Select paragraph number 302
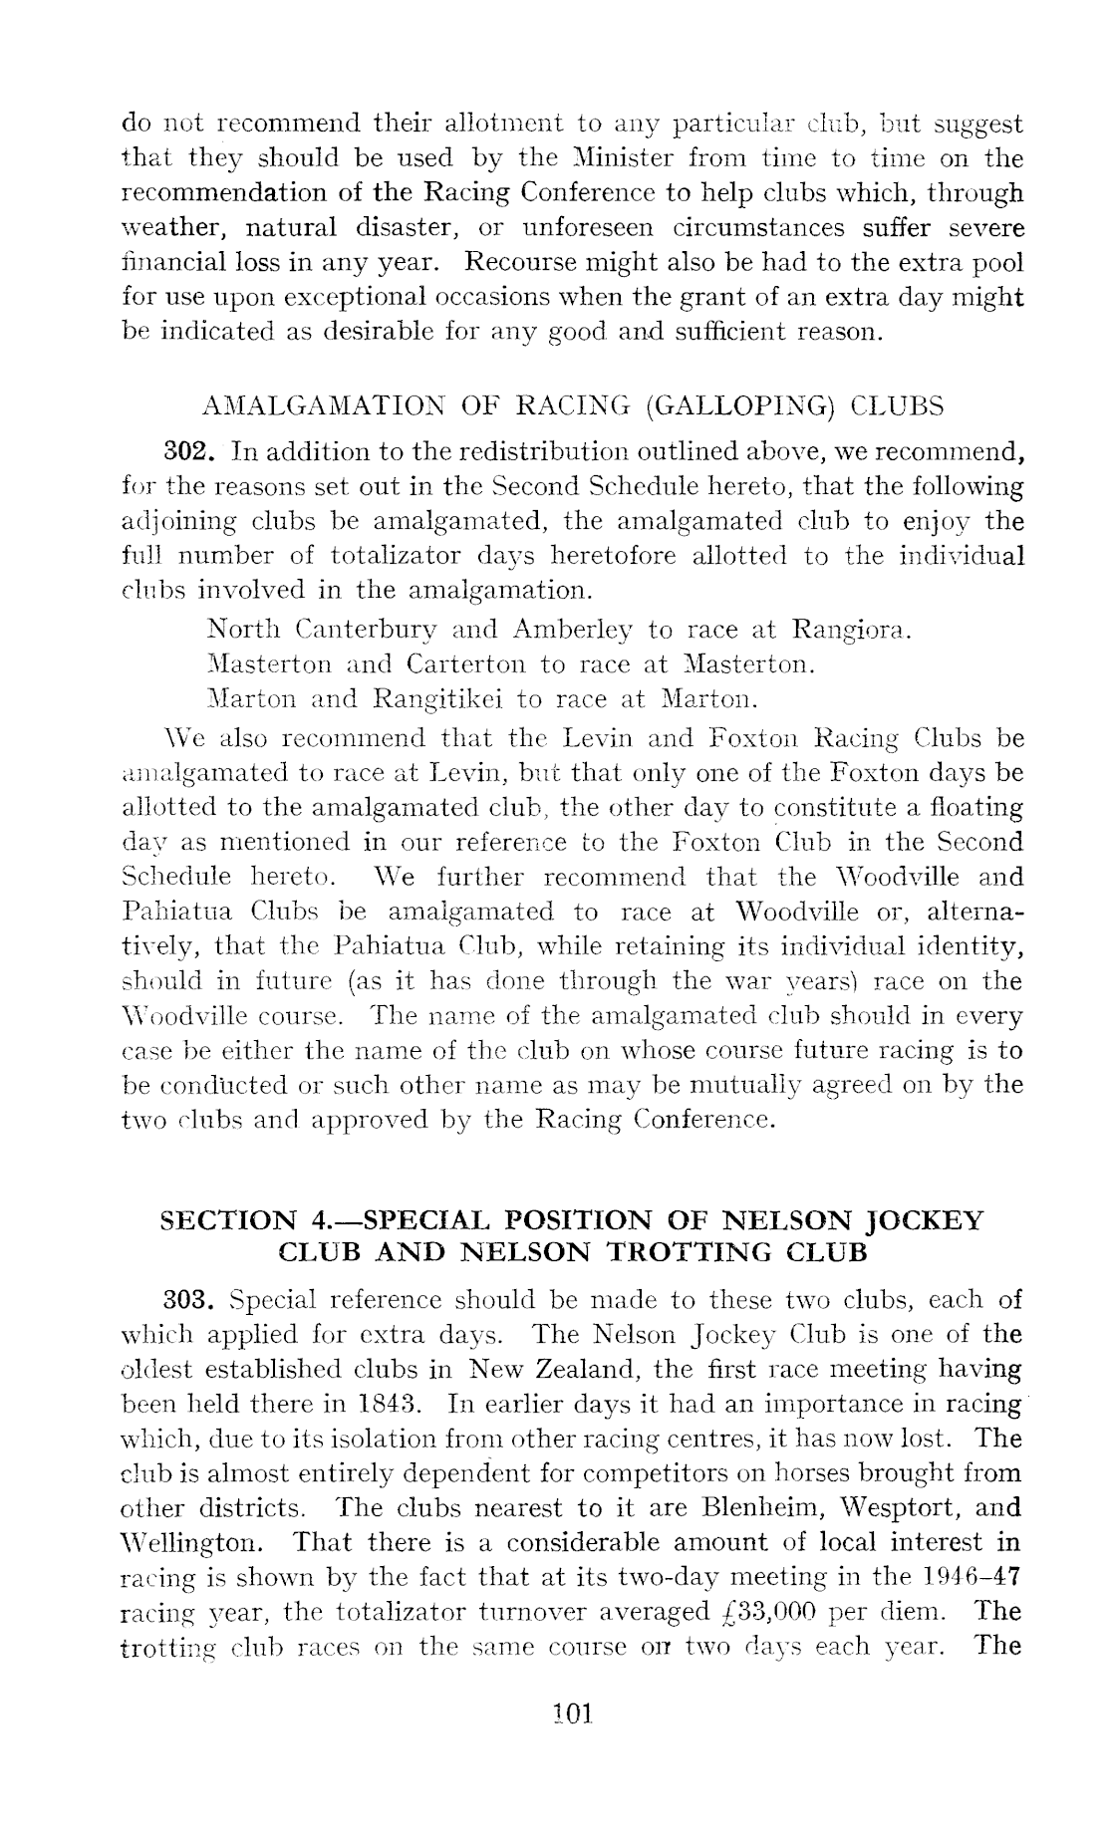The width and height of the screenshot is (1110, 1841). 183,452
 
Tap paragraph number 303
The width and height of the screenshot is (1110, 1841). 183,1299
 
